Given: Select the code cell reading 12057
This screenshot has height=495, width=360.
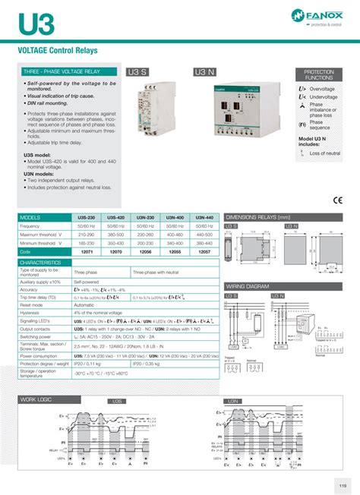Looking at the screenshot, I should pyautogui.click(x=204, y=251).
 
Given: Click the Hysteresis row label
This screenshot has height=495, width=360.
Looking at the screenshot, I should pyautogui.click(x=30, y=312).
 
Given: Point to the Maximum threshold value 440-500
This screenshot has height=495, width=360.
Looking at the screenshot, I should pyautogui.click(x=204, y=234).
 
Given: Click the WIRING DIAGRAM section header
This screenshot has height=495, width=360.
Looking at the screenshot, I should pyautogui.click(x=248, y=286).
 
